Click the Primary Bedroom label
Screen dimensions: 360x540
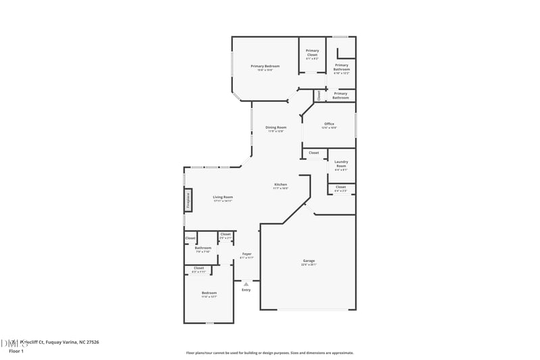click(x=265, y=66)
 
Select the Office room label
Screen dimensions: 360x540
click(x=329, y=124)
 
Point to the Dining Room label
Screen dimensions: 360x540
click(x=275, y=127)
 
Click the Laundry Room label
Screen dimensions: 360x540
click(x=341, y=163)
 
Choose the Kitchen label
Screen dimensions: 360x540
click(x=280, y=184)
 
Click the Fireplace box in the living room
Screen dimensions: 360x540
click(x=188, y=200)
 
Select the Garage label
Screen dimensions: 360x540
click(x=308, y=261)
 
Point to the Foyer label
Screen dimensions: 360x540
click(x=246, y=254)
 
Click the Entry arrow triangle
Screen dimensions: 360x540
click(x=246, y=284)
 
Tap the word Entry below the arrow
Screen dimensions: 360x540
click(x=246, y=290)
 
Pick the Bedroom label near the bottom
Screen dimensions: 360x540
click(x=209, y=292)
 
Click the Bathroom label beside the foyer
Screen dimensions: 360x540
click(x=203, y=248)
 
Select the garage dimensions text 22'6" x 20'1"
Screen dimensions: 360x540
click(x=308, y=265)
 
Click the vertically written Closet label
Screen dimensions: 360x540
click(x=319, y=95)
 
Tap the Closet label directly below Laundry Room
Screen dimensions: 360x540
click(x=340, y=187)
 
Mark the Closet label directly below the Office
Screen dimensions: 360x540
click(x=313, y=153)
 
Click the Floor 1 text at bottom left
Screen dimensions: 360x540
click(x=16, y=351)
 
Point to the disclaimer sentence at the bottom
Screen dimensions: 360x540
click(x=269, y=353)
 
